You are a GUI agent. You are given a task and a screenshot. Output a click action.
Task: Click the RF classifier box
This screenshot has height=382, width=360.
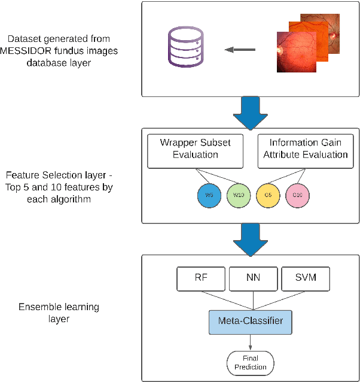(200, 278)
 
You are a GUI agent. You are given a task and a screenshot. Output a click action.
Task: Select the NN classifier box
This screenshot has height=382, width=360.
(252, 278)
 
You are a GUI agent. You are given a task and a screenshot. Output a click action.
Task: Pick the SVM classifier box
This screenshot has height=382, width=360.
(304, 278)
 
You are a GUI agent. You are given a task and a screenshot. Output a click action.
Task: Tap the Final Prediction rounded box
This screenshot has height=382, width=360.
(251, 362)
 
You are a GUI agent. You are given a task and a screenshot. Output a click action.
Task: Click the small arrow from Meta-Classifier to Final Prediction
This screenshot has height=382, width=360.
(251, 342)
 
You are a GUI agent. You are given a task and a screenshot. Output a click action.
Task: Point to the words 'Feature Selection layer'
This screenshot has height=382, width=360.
(58, 175)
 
